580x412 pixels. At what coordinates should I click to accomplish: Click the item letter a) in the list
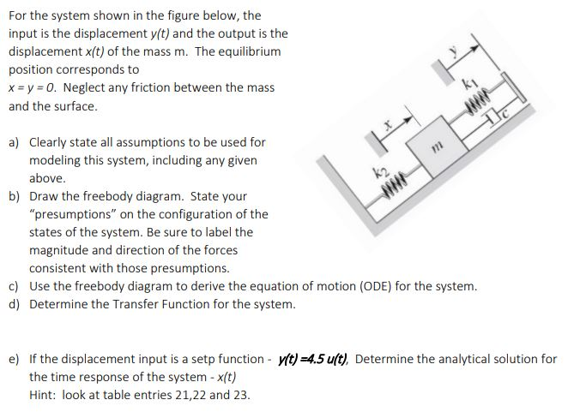(15, 142)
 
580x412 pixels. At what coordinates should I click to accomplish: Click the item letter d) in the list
(15, 304)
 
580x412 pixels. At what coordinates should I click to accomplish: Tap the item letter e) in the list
(15, 359)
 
